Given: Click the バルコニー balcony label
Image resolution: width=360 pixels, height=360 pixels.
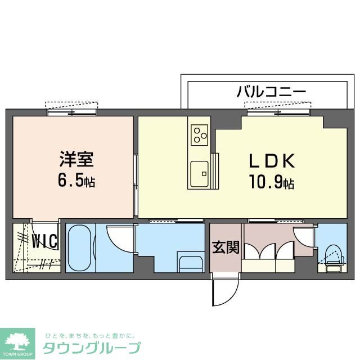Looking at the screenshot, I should pos(271,91).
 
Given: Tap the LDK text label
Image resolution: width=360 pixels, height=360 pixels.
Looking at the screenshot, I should pos(272,161).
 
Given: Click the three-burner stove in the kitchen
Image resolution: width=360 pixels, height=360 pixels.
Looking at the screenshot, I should pos(199,134).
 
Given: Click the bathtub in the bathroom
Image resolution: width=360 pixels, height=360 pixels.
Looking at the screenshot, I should pos(80,247).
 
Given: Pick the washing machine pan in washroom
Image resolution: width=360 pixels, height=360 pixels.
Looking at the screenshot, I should pos(191,262).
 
